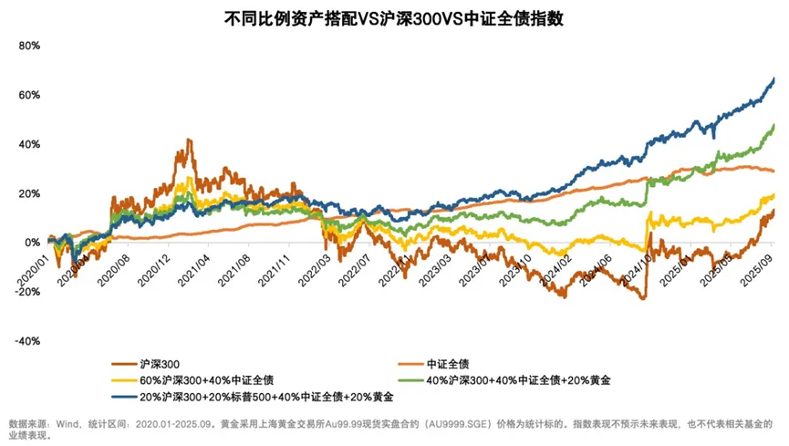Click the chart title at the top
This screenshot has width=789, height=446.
(394, 18)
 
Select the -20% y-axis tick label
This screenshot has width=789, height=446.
(28, 292)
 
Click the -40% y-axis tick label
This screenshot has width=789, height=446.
(28, 341)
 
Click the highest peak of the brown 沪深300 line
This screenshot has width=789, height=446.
(188, 140)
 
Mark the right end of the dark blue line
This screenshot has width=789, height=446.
(774, 78)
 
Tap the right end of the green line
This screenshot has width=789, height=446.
(774, 126)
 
